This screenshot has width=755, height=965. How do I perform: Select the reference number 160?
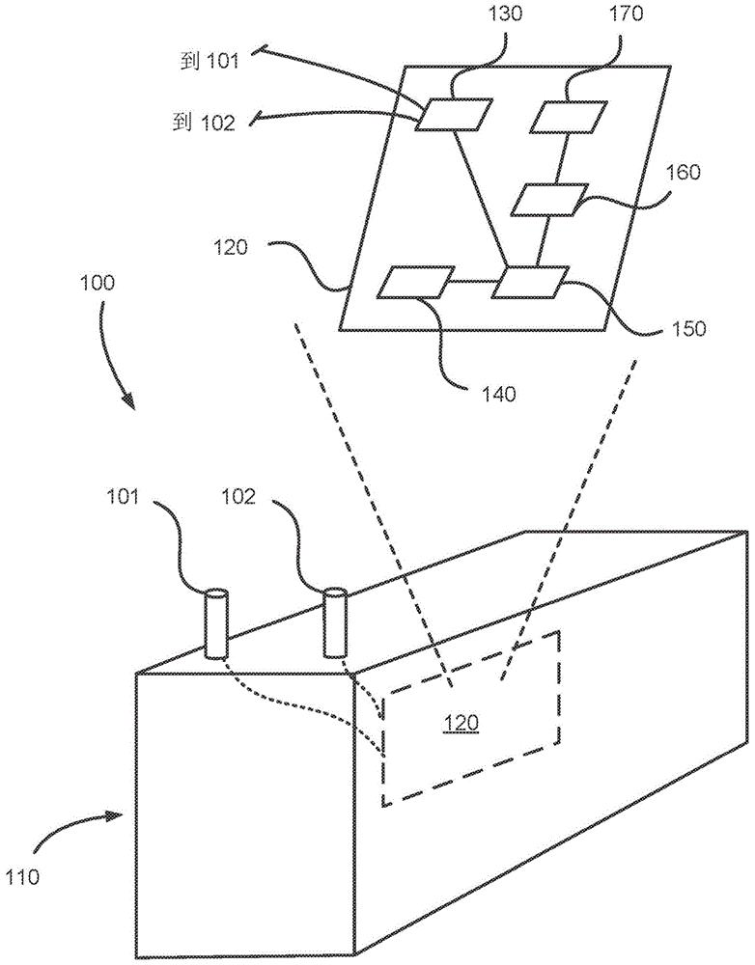coord(682,172)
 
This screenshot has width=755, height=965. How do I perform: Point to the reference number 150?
coord(686,328)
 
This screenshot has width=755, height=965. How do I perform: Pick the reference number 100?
coord(96,283)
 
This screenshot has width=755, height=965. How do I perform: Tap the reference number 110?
coord(23,876)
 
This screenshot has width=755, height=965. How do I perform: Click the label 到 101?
coord(209,62)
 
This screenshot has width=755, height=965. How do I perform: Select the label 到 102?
coord(204,123)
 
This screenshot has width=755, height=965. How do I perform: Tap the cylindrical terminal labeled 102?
coord(334,623)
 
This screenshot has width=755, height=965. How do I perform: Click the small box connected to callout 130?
coord(454,115)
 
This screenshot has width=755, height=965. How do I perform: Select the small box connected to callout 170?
coord(568,117)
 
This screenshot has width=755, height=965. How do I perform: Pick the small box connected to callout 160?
coord(549,200)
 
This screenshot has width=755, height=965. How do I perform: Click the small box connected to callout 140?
coord(416,283)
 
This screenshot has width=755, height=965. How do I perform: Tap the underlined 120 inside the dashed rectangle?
coord(461,722)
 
